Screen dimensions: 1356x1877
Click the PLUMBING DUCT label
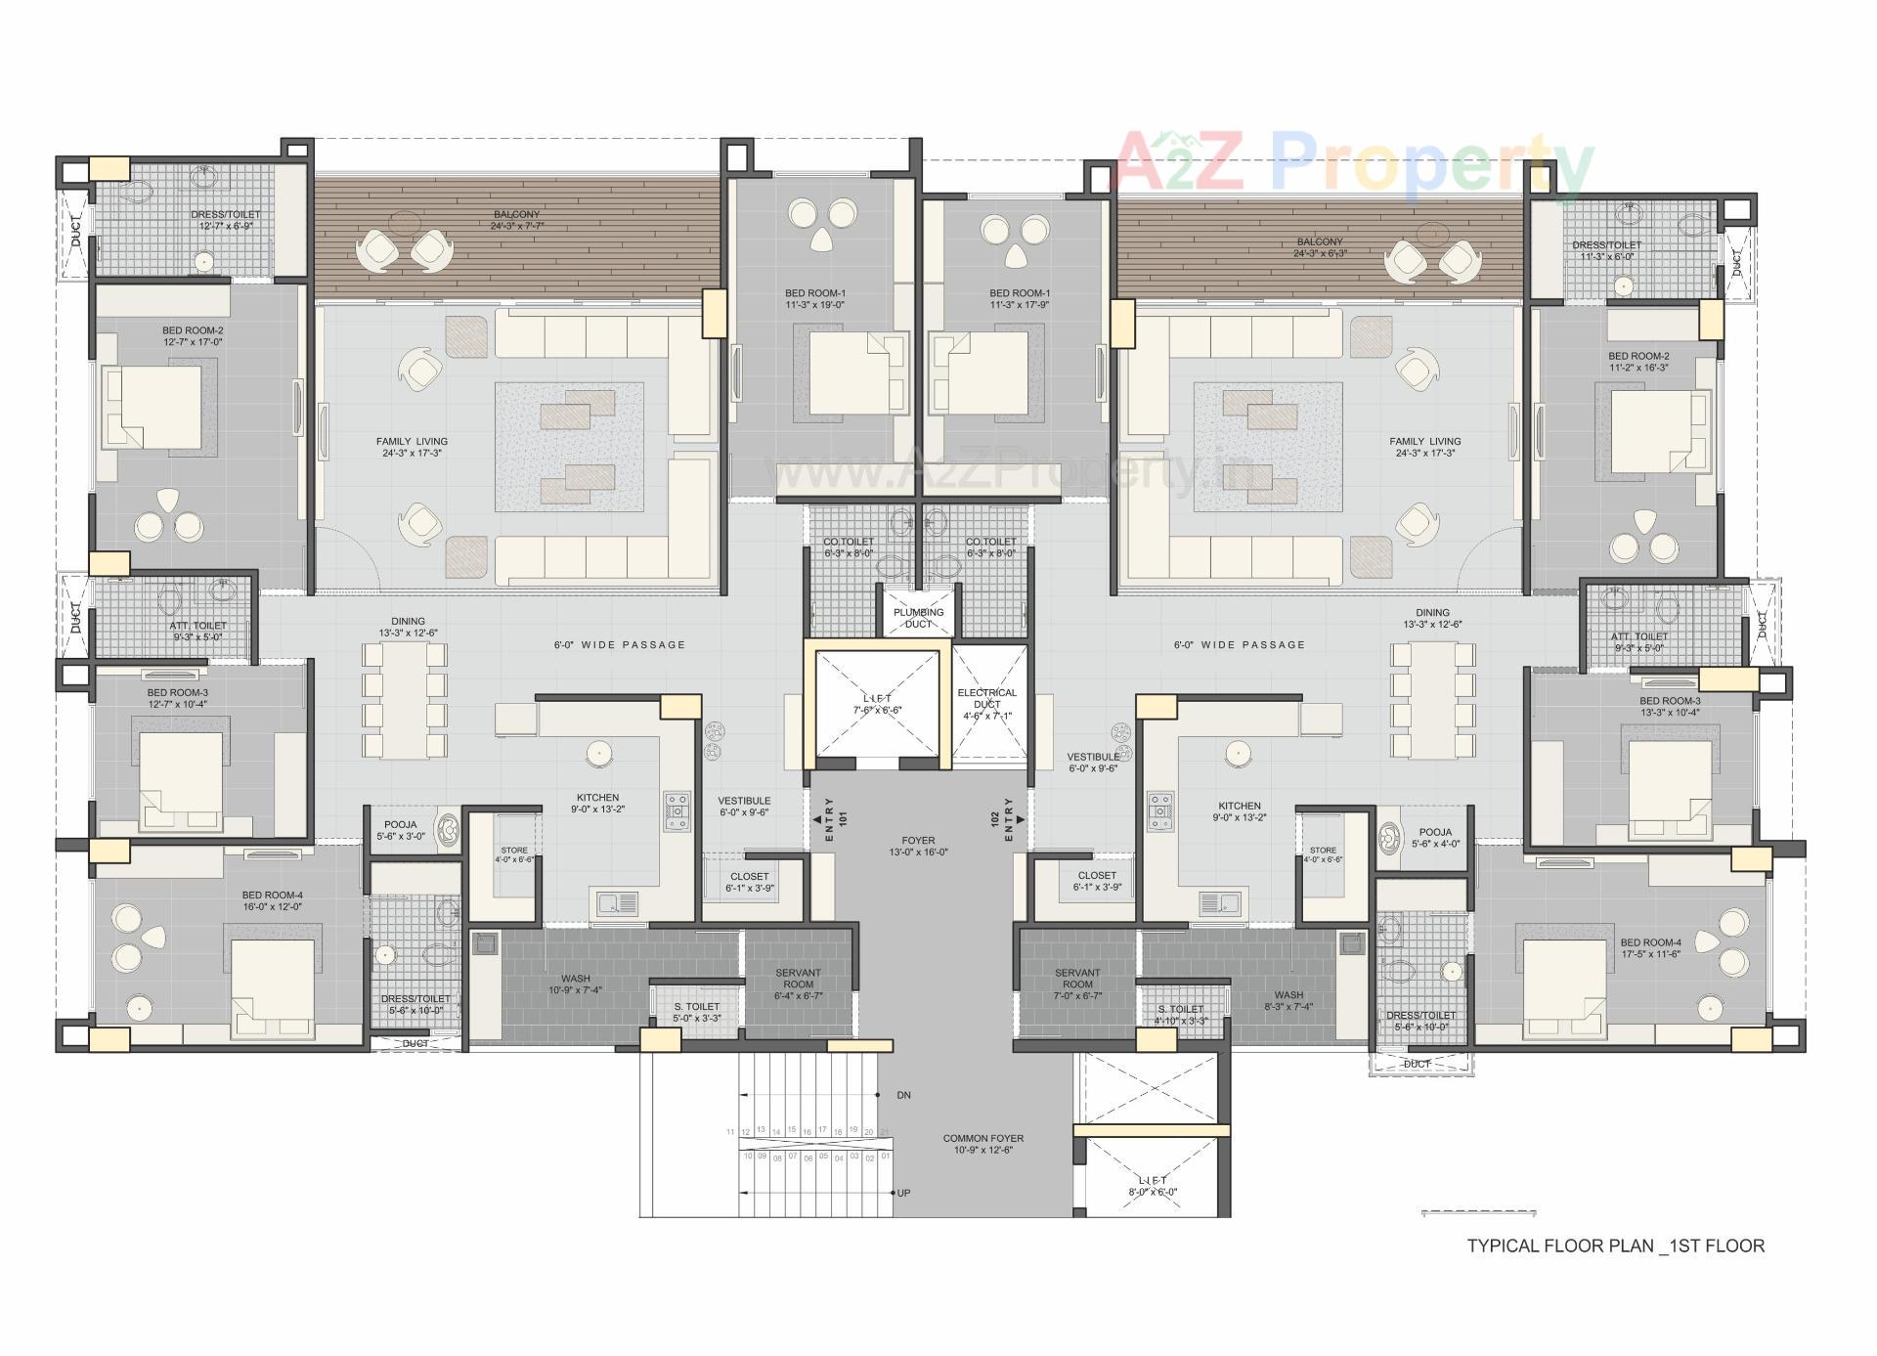918,618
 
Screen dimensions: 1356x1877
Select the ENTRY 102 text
1002,820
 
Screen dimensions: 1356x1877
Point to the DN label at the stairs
903,1095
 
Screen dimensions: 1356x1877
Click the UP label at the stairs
903,1194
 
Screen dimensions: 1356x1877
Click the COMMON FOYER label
982,1144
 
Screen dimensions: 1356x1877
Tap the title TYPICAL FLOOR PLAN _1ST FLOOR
1615,1246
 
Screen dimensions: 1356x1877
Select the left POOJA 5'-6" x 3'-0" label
400,830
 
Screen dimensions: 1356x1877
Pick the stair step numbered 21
885,1131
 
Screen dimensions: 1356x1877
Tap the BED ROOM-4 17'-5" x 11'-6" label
1650,948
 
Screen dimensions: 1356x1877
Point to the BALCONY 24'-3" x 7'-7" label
516,220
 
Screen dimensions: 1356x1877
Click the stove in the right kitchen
1159,811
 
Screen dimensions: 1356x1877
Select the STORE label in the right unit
1323,854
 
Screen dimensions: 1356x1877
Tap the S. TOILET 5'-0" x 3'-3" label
696,1012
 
